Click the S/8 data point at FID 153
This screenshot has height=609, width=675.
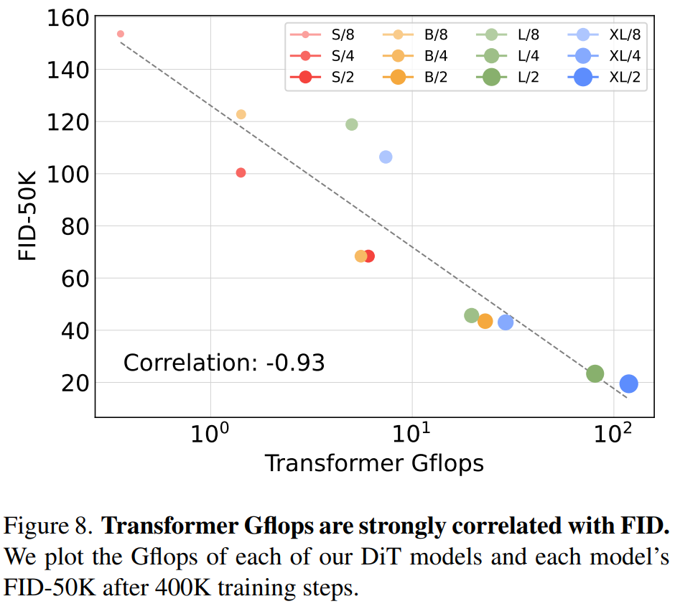click(x=121, y=34)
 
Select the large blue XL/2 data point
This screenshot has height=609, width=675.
click(x=629, y=384)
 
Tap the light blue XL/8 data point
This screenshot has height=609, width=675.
click(x=386, y=157)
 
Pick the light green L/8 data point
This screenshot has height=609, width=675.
click(x=351, y=124)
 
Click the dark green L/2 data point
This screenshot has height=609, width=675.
click(x=595, y=373)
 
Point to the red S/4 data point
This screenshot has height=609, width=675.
click(x=241, y=172)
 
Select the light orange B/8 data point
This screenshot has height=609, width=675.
click(x=241, y=114)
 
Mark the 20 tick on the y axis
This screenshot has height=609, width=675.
click(x=75, y=383)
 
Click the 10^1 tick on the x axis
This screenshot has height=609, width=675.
click(x=412, y=433)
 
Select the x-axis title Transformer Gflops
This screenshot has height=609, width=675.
click(x=374, y=463)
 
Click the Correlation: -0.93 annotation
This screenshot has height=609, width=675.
click(x=224, y=363)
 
